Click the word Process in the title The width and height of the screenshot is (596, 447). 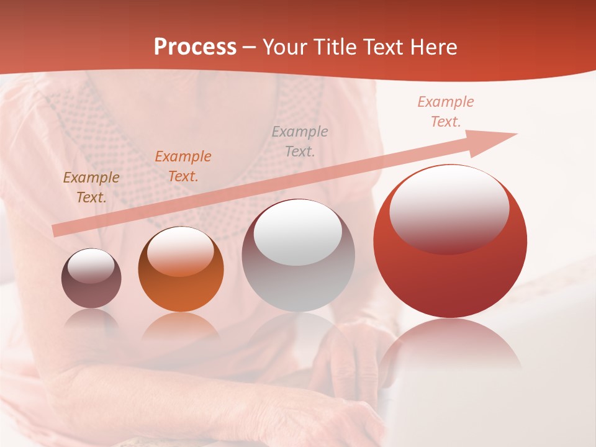click(x=195, y=47)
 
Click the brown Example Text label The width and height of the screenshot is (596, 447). click(x=91, y=187)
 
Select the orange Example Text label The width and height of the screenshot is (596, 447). click(x=183, y=166)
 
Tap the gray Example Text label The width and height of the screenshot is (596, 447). click(x=300, y=141)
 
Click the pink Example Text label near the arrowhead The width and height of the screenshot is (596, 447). click(x=446, y=112)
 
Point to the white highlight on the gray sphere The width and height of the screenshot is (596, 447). click(x=298, y=233)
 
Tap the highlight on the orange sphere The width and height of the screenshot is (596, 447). click(x=180, y=251)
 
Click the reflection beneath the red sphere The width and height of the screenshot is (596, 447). click(x=450, y=348)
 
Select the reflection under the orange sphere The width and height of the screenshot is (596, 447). click(x=181, y=326)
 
